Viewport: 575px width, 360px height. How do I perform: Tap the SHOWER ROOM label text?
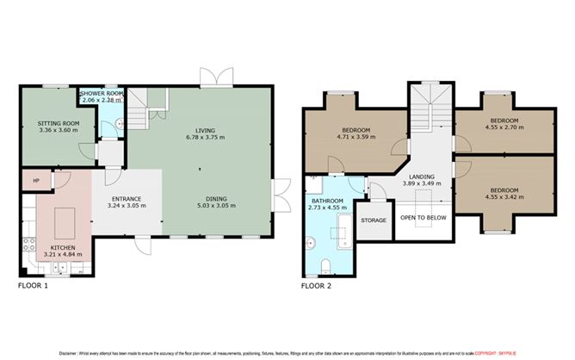[102, 94]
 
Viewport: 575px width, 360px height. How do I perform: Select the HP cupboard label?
[36, 181]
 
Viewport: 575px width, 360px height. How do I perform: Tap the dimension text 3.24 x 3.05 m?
[126, 208]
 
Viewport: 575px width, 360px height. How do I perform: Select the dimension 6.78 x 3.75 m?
[206, 139]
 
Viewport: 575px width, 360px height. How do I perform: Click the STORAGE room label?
[374, 220]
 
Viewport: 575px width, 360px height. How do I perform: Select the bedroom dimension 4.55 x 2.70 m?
[504, 127]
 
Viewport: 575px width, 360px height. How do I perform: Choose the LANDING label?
[421, 177]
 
